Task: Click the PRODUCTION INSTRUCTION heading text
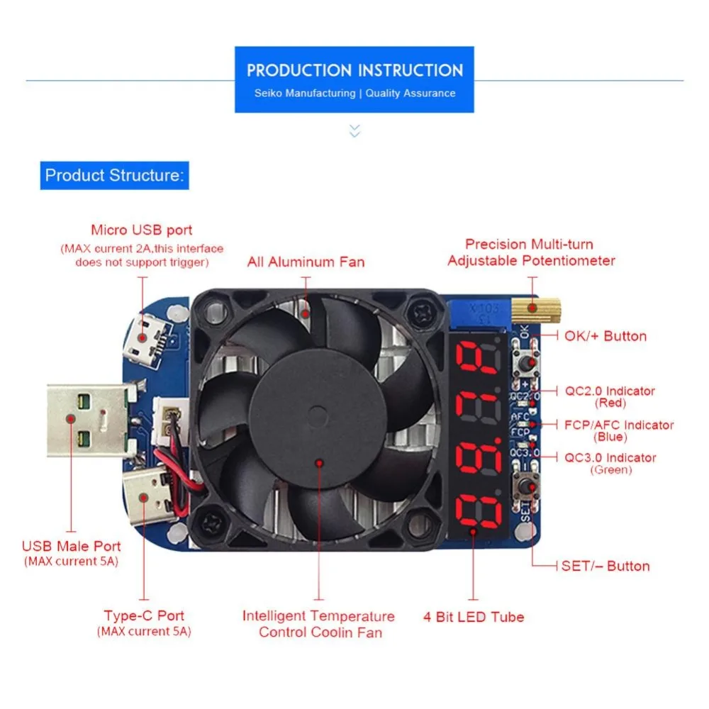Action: [354, 70]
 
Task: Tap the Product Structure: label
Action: [114, 175]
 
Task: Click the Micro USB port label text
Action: [142, 230]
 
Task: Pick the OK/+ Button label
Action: [605, 336]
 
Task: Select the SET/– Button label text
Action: [605, 566]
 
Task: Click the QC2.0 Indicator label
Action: [610, 391]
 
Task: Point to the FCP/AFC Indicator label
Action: [619, 425]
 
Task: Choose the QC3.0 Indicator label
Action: [610, 458]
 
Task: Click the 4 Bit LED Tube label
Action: [474, 617]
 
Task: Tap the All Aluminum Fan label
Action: [306, 262]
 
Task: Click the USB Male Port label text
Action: [72, 547]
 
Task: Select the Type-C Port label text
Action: [144, 616]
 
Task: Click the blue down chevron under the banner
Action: [355, 130]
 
